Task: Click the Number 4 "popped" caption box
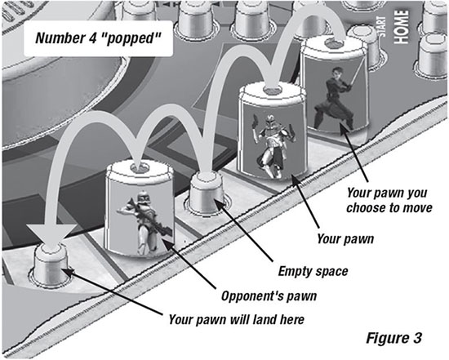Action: tap(98, 38)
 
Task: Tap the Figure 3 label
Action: tap(394, 338)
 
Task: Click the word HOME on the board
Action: tap(401, 27)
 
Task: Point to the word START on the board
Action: tap(382, 27)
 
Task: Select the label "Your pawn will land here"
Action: tap(236, 319)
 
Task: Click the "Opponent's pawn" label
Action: tap(269, 296)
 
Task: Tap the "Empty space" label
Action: tap(313, 271)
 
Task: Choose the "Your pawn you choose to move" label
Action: tap(389, 200)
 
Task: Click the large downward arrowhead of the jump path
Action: tap(51, 234)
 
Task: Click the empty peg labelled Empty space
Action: tap(207, 194)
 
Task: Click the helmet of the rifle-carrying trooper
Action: tap(143, 198)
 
